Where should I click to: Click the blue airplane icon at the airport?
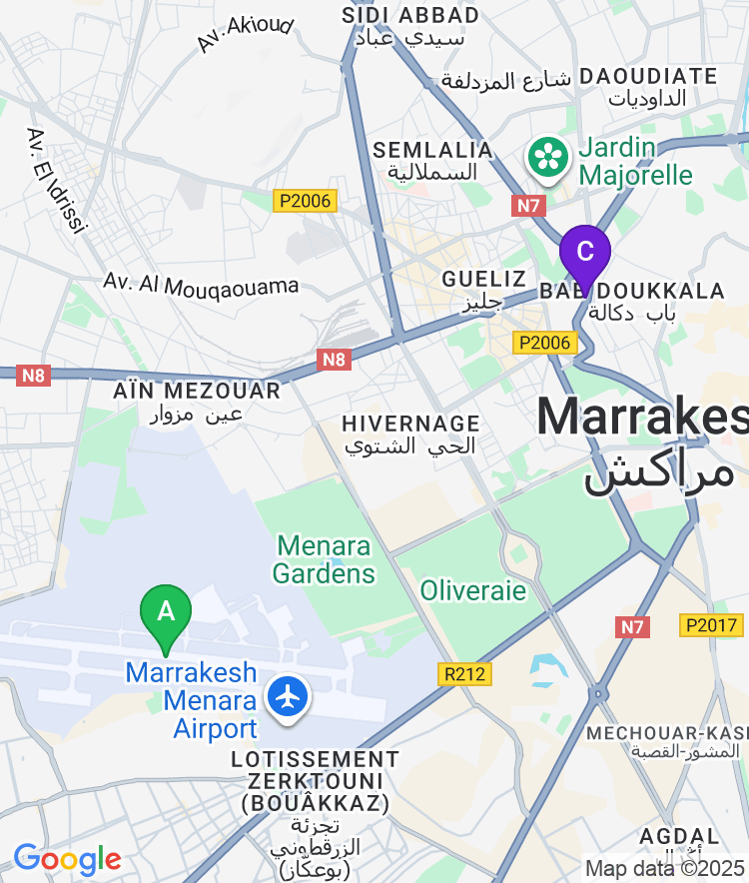[290, 695]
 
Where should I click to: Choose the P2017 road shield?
[711, 625]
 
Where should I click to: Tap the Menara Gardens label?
[324, 559]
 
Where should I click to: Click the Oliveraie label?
[472, 590]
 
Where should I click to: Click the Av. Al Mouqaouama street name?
[201, 286]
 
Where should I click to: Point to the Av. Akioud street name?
[245, 33]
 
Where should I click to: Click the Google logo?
[67, 858]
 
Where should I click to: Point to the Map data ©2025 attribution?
[664, 868]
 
